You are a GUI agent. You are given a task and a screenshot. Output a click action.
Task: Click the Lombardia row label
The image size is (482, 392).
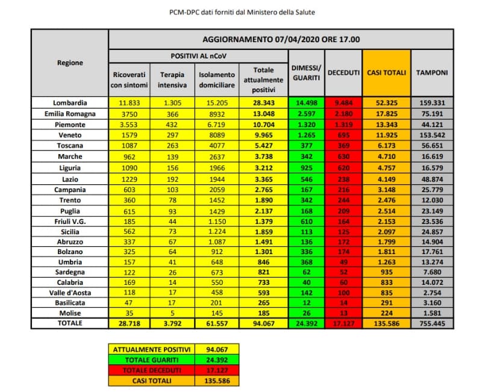pos(70,103)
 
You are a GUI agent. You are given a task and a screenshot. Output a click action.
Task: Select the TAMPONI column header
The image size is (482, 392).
pos(433,72)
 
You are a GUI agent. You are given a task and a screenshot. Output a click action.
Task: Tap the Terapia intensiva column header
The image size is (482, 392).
pos(172,79)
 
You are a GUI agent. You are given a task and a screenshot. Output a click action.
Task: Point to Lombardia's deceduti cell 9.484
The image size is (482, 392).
pos(344,103)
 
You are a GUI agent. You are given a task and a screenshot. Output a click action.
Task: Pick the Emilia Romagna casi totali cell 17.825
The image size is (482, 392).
pos(387,114)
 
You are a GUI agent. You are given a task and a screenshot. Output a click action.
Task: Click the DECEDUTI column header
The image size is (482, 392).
pos(344,72)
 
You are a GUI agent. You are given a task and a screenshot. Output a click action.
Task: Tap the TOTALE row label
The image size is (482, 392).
pos(70,323)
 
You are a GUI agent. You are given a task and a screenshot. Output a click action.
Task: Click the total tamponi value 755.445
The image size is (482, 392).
pos(433,323)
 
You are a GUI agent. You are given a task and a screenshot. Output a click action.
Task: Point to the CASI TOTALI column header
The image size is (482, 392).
pos(387,72)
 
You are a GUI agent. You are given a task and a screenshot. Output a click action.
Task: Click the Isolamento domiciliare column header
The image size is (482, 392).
pos(217,79)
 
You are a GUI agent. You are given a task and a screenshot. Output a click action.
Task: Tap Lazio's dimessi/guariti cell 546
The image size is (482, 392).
pos(307,179)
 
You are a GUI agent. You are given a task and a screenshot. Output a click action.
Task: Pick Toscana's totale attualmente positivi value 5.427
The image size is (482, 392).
pos(263,145)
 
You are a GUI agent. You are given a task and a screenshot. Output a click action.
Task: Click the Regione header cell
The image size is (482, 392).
pos(70,63)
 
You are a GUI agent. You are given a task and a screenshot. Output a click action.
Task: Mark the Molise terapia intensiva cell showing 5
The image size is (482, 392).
pos(172,313)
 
